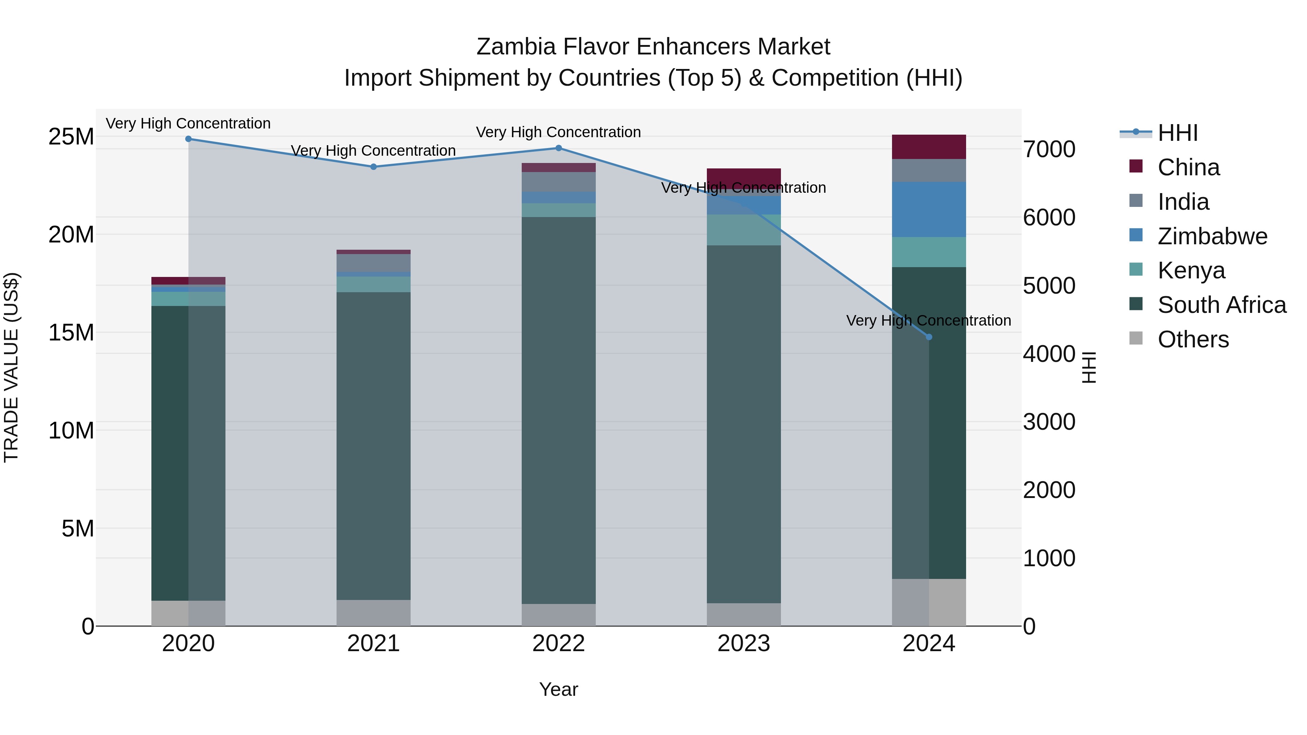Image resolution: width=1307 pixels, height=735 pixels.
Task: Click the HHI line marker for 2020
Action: click(x=188, y=139)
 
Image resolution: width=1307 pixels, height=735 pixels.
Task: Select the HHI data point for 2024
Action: click(x=929, y=337)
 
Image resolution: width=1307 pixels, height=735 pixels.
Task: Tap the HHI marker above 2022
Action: click(x=559, y=148)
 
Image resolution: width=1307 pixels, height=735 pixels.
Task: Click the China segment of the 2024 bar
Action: click(x=929, y=147)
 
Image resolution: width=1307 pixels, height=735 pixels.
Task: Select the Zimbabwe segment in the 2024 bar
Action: click(x=929, y=209)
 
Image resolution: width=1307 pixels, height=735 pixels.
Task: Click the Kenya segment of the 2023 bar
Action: click(x=744, y=230)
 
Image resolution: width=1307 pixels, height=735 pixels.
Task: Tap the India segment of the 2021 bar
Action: click(x=374, y=263)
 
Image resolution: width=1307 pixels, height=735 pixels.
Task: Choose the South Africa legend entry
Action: click(x=1222, y=305)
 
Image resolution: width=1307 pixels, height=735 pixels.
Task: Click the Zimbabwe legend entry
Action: click(x=1212, y=236)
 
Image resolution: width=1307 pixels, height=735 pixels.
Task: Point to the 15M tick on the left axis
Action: click(x=71, y=333)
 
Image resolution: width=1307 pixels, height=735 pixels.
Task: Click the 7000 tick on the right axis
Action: click(x=1049, y=149)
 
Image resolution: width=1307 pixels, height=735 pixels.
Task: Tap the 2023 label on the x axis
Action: click(x=744, y=644)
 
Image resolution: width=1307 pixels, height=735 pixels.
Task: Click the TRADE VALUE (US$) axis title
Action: click(x=11, y=368)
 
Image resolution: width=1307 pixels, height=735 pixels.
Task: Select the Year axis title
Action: click(x=559, y=689)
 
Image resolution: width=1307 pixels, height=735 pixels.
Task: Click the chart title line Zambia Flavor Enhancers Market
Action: click(x=653, y=47)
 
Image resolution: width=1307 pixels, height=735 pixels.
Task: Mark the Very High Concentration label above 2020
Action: click(x=188, y=123)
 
